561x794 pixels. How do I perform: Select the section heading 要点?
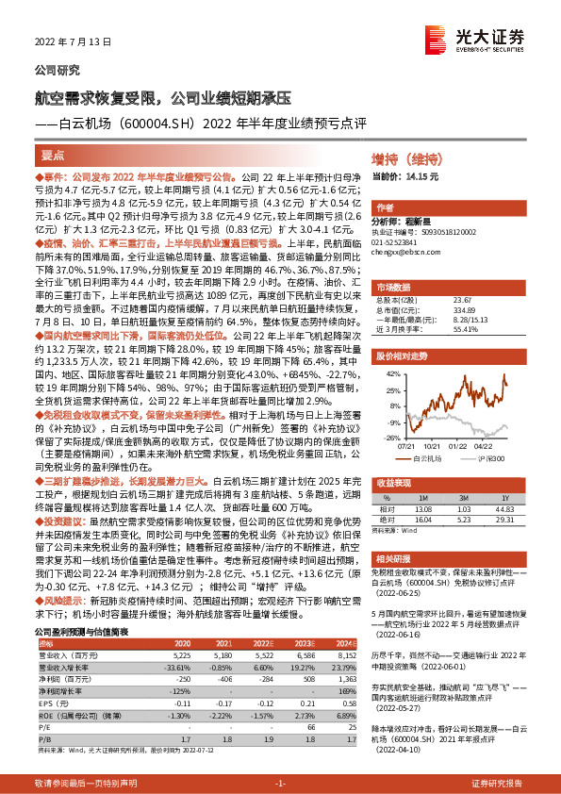pos(53,154)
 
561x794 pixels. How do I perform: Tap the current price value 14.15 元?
pos(421,176)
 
